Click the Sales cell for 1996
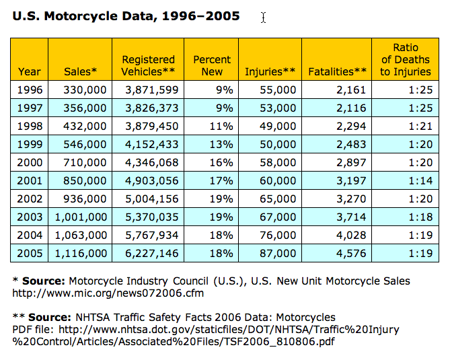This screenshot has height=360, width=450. coord(85,90)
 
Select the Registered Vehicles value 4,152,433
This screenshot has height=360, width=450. coord(152,145)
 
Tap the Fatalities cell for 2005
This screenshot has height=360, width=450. coord(351,254)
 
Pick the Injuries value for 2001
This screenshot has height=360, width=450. coord(278,181)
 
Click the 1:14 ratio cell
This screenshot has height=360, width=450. coord(420,181)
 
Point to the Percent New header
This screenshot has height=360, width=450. coord(212,65)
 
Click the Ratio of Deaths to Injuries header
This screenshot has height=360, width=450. coord(406,59)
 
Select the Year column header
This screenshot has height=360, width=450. coord(30,71)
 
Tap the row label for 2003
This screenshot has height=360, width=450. coord(30,217)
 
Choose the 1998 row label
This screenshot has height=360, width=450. coord(30,127)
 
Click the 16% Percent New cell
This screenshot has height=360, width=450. coord(221,163)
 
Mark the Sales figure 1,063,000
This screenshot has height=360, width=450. coord(81,236)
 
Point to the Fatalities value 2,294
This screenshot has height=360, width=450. coord(351,127)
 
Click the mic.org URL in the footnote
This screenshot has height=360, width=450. coord(108,293)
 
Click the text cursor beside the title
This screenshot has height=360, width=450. coord(264,17)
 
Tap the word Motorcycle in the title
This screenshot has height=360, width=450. coord(81,16)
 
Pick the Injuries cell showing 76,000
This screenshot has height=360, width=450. coord(278,236)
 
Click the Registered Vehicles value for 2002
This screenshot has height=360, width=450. coord(152,199)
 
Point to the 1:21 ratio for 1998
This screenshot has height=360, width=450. coord(420,127)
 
